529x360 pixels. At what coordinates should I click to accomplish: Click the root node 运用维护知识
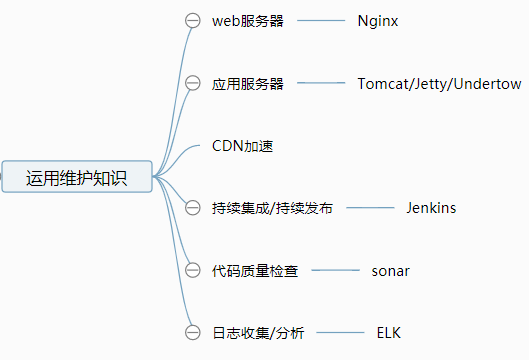(77, 178)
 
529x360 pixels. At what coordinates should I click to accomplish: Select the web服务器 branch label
(247, 21)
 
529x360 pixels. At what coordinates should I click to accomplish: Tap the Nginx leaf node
(378, 21)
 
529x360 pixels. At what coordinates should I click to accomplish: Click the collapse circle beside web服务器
(194, 21)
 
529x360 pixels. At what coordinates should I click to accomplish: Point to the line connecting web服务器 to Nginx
(319, 21)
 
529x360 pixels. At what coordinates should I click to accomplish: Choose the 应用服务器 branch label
(247, 84)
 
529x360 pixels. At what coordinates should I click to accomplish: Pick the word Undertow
(487, 84)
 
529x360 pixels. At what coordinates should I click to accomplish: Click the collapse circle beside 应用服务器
(194, 84)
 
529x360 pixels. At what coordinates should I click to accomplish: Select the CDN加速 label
(243, 146)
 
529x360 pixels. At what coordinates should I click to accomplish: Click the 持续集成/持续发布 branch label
(272, 208)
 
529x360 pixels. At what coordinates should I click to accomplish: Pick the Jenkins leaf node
(431, 208)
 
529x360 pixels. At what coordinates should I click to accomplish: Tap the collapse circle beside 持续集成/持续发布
(194, 208)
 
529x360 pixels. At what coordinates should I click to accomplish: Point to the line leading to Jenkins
(370, 208)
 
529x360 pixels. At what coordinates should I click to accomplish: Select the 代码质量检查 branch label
(255, 270)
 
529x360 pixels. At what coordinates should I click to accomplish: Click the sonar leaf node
(391, 270)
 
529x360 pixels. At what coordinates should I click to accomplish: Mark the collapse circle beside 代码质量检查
(194, 270)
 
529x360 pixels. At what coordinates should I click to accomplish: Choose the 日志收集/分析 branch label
(258, 332)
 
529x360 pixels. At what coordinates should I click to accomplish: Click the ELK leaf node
(389, 332)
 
